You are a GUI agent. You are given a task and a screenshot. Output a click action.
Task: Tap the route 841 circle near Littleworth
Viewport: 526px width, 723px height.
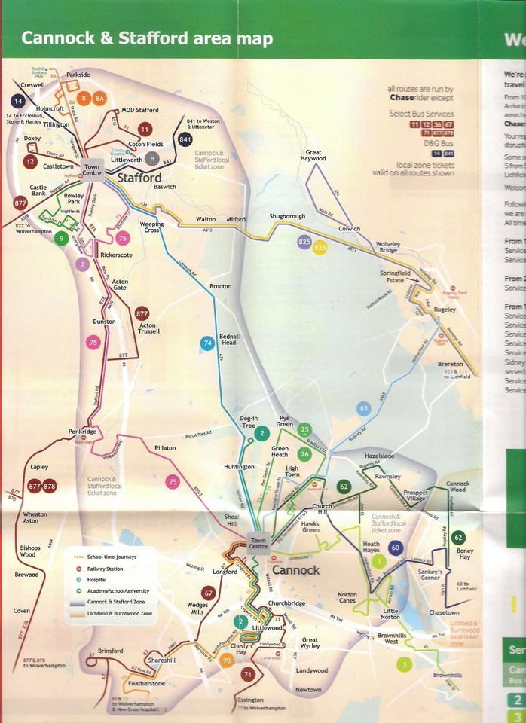[x=185, y=139]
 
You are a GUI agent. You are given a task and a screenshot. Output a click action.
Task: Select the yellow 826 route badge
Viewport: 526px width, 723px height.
[x=320, y=247]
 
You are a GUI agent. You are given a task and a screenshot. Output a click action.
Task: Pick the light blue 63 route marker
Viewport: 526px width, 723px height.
[x=364, y=387]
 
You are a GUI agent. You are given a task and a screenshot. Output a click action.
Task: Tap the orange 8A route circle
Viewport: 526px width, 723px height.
[x=100, y=98]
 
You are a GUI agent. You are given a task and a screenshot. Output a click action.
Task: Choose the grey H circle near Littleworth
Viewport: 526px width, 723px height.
[x=152, y=158]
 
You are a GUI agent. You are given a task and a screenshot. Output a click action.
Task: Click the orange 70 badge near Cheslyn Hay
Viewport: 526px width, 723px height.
[x=226, y=661]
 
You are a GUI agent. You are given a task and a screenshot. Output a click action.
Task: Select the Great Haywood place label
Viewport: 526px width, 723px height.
[x=313, y=156]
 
